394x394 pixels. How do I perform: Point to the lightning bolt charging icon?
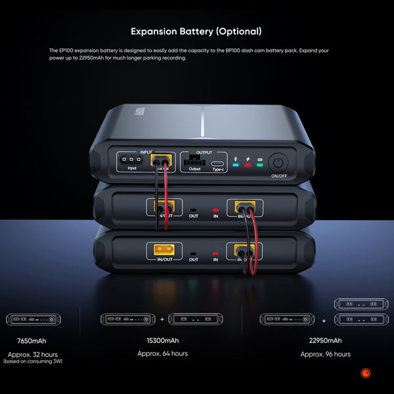[x=248, y=159]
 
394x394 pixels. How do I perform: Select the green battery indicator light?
[x=259, y=165]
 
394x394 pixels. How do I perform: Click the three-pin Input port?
[x=131, y=160]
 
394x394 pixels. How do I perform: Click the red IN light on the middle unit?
[x=215, y=209]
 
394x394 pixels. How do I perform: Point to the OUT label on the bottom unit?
[x=194, y=259]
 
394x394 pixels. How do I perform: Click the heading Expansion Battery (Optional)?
[x=196, y=31]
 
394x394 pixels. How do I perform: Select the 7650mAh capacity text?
[x=32, y=341]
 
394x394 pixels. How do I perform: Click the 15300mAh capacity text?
[x=162, y=341]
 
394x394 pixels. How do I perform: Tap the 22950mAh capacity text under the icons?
[x=325, y=341]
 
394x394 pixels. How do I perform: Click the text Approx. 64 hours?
[x=162, y=353]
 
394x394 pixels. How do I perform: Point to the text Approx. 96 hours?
[x=325, y=354]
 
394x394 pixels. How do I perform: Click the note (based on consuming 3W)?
[x=32, y=361]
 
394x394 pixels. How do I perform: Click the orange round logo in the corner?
[x=366, y=374]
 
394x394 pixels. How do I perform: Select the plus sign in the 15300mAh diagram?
[x=162, y=320]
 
